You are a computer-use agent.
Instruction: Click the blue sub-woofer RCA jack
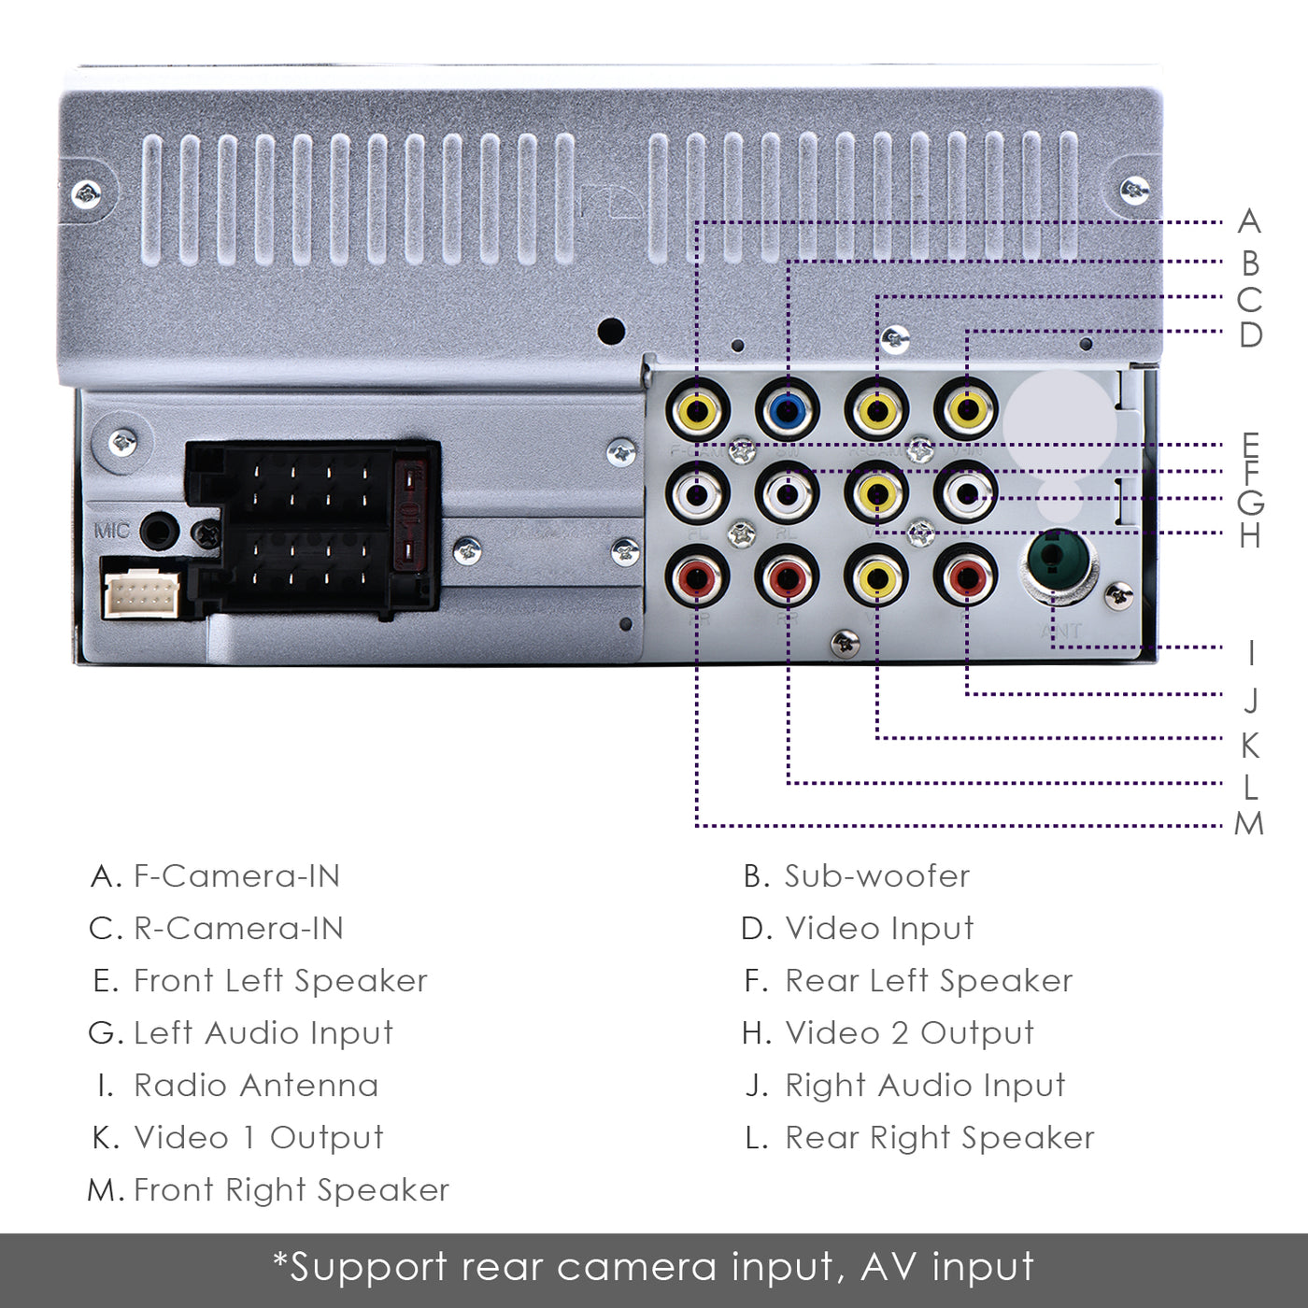coord(787,409)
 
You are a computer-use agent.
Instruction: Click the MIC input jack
coord(159,532)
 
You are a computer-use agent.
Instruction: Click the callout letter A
coord(1249,222)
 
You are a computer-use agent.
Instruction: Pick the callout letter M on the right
coord(1249,824)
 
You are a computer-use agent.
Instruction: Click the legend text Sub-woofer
coord(876,876)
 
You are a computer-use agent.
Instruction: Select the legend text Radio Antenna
coord(256,1086)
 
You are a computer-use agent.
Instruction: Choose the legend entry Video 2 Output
coord(909,1033)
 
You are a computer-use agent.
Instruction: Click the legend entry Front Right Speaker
coord(291,1190)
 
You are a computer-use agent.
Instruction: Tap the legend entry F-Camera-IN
coord(236,876)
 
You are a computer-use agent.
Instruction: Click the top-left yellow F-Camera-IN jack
coord(697,409)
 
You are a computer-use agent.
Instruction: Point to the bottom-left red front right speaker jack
coord(697,578)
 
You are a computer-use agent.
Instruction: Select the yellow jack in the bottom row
coord(876,578)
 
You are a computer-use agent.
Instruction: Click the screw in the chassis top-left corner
coord(87,194)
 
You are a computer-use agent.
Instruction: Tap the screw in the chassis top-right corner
coord(1134,191)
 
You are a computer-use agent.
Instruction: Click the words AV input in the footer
coord(946,1268)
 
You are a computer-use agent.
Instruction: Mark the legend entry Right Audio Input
coord(924,1086)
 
